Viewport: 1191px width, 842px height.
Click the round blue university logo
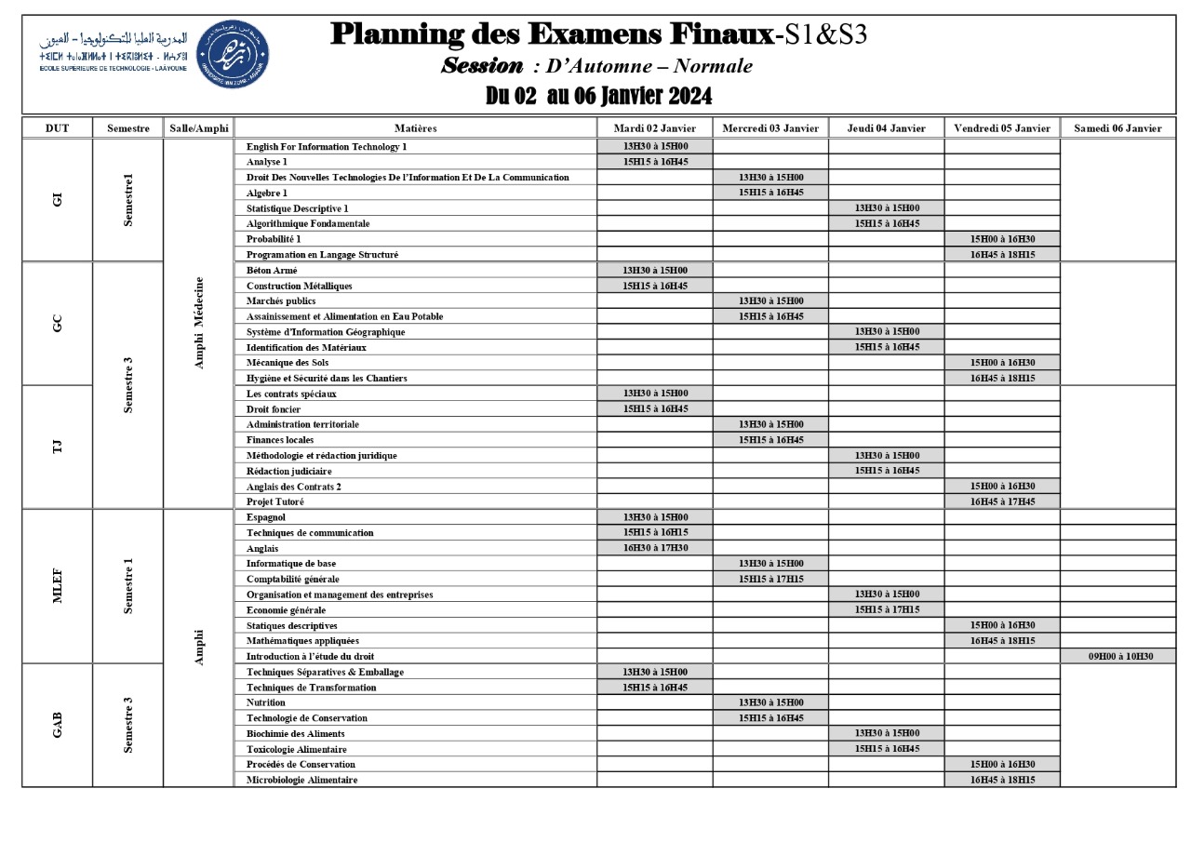(234, 53)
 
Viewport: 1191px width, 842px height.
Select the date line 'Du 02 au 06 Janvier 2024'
(598, 96)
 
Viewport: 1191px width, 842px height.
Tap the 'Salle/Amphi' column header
(198, 128)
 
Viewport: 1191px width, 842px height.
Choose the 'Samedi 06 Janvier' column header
(1117, 128)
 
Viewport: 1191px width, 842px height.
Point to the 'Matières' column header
(415, 128)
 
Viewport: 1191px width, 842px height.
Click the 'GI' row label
(58, 200)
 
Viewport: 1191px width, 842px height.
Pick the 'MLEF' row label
(58, 586)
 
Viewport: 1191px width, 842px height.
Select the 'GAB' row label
(58, 725)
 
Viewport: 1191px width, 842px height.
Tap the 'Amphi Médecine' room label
(198, 323)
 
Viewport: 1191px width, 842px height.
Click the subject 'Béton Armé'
(272, 270)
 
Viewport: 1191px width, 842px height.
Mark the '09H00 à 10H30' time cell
(1120, 656)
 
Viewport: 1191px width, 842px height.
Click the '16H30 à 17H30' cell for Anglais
(655, 548)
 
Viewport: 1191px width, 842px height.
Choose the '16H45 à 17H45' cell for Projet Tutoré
(1002, 501)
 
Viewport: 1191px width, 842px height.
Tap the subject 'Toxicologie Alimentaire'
(297, 749)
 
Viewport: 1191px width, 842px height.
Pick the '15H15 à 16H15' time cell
(655, 532)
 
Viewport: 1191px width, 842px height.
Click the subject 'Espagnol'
(266, 517)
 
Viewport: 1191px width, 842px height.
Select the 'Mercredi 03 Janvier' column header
(770, 128)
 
